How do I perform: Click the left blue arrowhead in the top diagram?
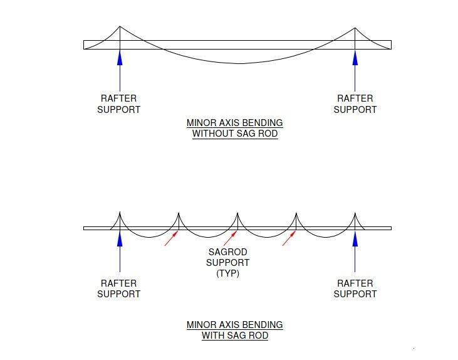coord(120,57)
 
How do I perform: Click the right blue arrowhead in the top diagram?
coord(355,57)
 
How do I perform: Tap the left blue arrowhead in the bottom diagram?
coord(120,238)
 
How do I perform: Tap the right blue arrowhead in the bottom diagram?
coord(355,238)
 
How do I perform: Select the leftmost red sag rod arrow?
coord(172,238)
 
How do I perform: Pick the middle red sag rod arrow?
coord(230,238)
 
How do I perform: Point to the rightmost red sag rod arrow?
coord(289,238)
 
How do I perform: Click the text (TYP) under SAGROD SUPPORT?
coord(228,273)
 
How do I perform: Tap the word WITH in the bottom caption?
coord(212,336)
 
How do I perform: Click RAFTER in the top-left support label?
coord(118,98)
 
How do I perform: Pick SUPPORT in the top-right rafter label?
coord(355,110)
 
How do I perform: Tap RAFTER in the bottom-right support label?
coord(355,283)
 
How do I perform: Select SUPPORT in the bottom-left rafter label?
coord(119,294)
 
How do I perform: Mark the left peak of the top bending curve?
coord(120,26)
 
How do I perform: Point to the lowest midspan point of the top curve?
coord(240,63)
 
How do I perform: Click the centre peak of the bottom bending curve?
coord(237,213)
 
